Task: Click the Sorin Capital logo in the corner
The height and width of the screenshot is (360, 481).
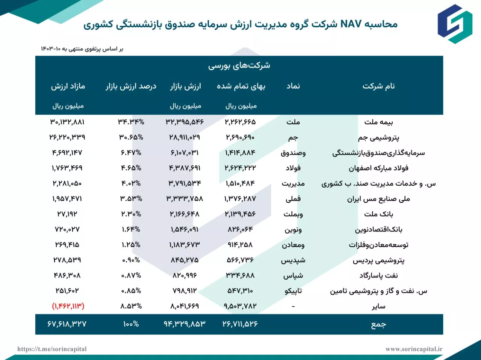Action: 455,24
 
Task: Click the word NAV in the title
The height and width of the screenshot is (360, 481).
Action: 351,24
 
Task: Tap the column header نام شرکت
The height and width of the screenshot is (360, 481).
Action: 378,86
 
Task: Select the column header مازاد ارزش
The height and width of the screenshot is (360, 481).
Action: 68,86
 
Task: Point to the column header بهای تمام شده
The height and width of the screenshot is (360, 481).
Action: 241,86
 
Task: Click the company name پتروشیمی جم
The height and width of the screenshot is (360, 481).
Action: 378,137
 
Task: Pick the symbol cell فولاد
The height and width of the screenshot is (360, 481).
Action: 293,168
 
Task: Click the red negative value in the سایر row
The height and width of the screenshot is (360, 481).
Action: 68,306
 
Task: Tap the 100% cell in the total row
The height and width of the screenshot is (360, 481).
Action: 131,324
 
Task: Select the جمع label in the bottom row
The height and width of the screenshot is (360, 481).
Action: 378,324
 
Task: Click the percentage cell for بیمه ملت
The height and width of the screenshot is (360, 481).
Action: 131,122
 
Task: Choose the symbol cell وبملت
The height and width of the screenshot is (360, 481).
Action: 293,214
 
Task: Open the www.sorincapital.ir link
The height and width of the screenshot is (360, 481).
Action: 414,349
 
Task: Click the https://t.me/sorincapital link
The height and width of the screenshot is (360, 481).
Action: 52,349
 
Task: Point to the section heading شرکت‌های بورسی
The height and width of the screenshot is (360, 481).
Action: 239,65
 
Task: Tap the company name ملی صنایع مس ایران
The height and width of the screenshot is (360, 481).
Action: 378,199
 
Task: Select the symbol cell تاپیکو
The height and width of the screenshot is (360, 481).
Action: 293,291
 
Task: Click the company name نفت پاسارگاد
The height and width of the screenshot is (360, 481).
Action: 378,276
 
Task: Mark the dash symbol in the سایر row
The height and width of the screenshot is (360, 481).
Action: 293,306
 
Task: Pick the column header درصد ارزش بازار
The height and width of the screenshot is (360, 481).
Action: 131,86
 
